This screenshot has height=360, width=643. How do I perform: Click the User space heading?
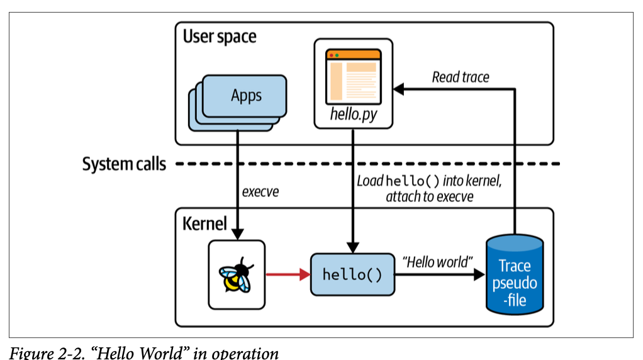click(220, 37)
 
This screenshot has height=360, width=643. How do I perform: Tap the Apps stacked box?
click(246, 96)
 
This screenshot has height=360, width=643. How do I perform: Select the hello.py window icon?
click(353, 76)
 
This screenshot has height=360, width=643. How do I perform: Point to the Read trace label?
click(460, 77)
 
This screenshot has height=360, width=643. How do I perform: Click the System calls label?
click(124, 164)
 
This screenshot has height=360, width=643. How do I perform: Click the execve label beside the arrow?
click(260, 191)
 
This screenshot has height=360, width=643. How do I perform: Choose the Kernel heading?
click(204, 223)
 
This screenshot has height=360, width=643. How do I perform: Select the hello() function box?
click(352, 274)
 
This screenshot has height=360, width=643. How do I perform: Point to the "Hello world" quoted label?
click(437, 260)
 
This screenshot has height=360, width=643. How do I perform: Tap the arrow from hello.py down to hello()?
click(353, 189)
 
